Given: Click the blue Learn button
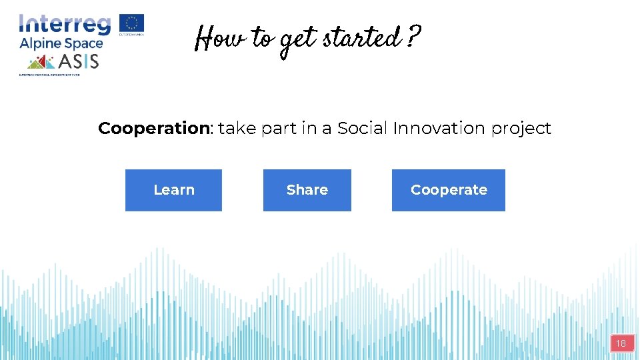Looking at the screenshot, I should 173,190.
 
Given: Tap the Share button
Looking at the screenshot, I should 307,190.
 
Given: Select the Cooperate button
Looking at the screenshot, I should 448,190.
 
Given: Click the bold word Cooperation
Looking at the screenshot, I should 154,128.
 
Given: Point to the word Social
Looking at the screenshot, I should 362,128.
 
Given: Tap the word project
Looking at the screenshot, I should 521,129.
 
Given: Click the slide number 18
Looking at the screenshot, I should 621,344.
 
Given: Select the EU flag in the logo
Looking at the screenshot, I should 132,24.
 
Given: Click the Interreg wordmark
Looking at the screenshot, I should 65,25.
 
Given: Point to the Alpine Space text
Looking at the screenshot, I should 61,44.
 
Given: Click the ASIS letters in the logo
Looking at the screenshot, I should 79,61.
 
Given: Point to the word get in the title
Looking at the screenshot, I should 297,41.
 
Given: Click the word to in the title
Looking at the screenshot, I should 262,40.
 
